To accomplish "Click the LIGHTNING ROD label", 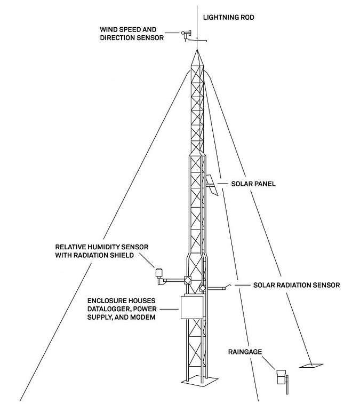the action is point(229,17).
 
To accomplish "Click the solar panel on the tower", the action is point(212,185).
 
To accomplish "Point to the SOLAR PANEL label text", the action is point(253,184).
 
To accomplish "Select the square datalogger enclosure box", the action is point(192,307).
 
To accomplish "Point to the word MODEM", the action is point(143,317).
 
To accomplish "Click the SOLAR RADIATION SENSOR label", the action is point(297,285).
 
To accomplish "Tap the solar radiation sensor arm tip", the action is point(230,285).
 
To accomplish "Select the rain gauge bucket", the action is point(281,377).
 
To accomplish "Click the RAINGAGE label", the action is point(245,352).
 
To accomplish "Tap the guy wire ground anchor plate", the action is point(311,366).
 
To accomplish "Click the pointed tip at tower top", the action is point(197,50).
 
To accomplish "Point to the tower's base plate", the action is point(199,380).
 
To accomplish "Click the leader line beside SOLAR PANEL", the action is point(222,184).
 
